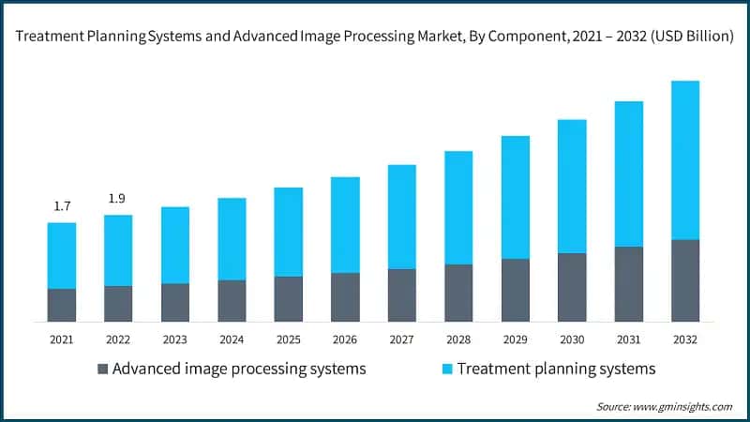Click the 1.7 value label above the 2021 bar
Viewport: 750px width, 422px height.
click(62, 206)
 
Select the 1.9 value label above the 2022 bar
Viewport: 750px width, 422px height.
click(118, 199)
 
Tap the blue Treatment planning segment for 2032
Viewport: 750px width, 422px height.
click(684, 159)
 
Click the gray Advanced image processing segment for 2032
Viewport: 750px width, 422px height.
click(684, 280)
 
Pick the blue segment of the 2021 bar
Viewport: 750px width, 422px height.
click(62, 255)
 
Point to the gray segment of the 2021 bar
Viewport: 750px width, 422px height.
click(62, 305)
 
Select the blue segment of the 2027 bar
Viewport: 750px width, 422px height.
click(401, 217)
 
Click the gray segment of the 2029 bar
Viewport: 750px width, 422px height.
click(515, 290)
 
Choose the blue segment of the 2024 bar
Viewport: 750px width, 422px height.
click(232, 238)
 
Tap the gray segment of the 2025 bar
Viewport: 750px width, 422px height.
click(288, 298)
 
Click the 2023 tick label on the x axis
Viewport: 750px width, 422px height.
click(175, 339)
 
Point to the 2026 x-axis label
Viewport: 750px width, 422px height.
click(345, 339)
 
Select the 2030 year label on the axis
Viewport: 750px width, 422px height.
click(571, 339)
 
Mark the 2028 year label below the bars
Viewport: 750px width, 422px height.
click(458, 339)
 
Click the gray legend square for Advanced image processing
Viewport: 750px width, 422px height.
click(102, 369)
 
